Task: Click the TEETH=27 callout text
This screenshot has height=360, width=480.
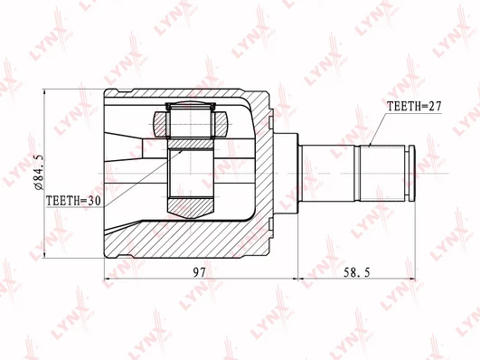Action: click(414, 106)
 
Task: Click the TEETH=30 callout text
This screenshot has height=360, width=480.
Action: click(73, 201)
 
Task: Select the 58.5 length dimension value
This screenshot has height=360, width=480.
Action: click(357, 272)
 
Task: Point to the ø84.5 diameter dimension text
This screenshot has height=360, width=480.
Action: click(40, 173)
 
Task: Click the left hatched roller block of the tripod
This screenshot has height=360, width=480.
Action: click(161, 124)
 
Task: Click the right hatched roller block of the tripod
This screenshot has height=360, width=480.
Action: click(220, 124)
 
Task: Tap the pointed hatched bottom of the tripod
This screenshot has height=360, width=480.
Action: click(191, 208)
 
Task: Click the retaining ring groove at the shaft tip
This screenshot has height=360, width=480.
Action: click(408, 174)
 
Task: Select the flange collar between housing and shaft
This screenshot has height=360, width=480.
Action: click(286, 174)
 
